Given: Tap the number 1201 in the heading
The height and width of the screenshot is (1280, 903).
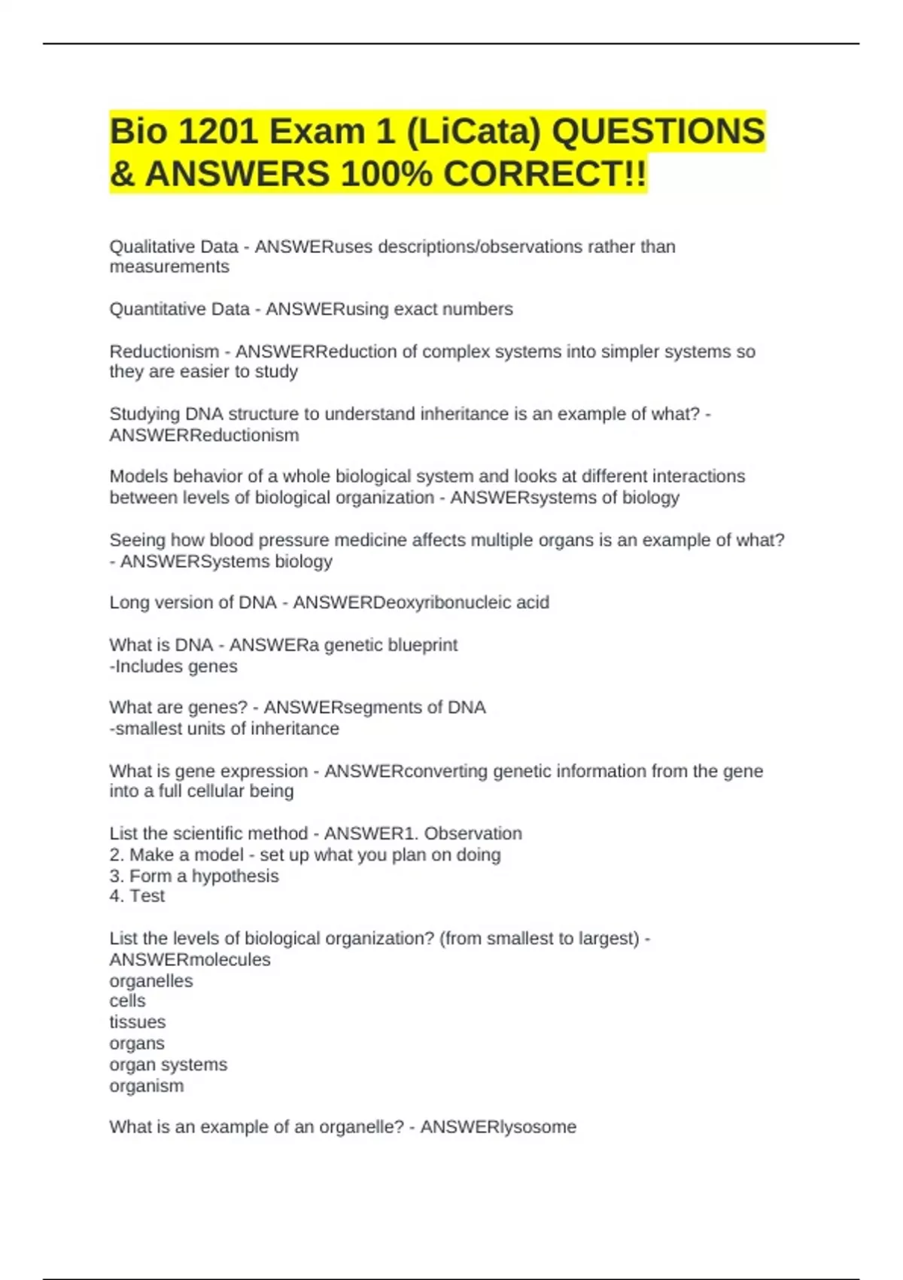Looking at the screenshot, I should point(217,132).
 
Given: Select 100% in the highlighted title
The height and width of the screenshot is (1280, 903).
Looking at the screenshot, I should point(386,174).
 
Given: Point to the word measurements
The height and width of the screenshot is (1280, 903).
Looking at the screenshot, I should point(169,267).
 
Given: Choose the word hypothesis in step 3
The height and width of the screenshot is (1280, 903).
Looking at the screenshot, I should point(235,876).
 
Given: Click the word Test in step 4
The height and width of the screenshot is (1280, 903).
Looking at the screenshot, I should point(147,896).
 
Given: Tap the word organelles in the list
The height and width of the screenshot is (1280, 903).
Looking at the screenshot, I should point(151,981).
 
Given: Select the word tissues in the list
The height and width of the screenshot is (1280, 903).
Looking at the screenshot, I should point(138,1022).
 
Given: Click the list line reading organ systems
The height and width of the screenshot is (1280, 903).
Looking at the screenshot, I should point(168,1065).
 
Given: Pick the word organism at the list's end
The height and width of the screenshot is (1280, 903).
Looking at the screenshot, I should point(147,1086).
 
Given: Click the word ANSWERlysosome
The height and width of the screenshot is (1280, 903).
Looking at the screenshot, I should point(498,1127).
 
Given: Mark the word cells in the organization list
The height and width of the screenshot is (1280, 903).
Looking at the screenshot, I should point(128,1001).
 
